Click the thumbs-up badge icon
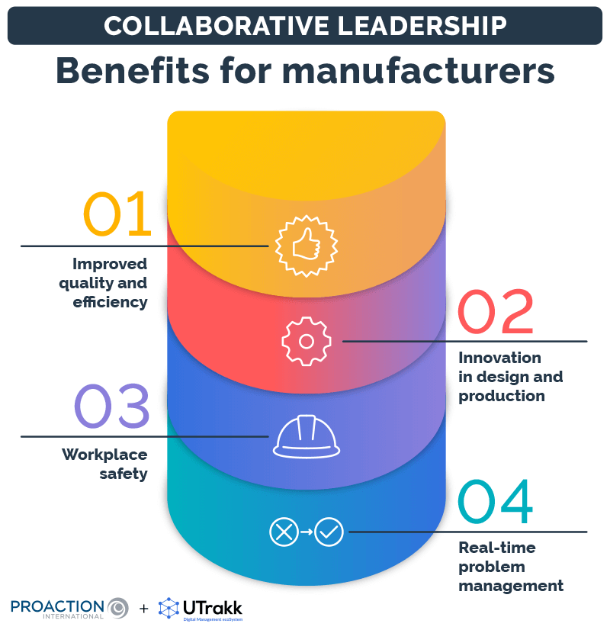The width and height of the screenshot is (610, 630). [306, 246]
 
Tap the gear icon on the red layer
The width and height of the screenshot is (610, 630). [306, 341]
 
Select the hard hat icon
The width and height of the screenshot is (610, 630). [306, 437]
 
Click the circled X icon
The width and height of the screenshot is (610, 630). [284, 532]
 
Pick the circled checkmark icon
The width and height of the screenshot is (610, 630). [329, 532]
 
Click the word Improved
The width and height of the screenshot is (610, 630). [110, 264]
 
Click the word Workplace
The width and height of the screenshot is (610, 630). [104, 455]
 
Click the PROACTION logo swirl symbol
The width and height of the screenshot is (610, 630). [118, 609]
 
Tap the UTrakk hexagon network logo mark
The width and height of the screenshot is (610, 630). [169, 609]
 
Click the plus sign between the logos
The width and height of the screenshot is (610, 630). [144, 609]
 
